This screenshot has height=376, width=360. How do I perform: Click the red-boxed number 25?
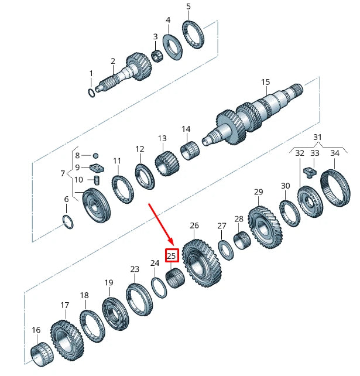point(172,255)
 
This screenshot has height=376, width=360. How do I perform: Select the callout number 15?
point(266,82)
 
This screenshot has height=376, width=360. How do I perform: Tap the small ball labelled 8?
point(96,156)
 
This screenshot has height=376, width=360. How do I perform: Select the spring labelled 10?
point(98,180)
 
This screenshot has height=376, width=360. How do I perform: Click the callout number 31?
point(317,137)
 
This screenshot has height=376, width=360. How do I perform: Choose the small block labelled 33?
point(310,172)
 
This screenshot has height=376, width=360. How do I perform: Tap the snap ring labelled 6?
point(68,221)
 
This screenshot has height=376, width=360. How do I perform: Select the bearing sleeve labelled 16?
point(39,356)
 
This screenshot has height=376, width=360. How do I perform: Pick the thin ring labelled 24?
point(157,288)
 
